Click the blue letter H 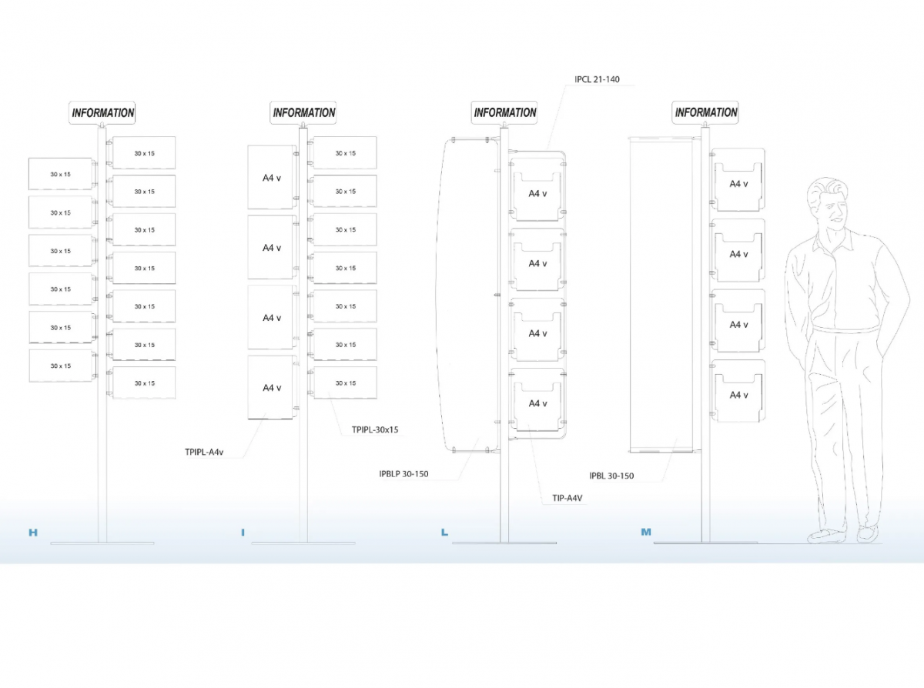click(x=33, y=533)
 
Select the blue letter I click(x=243, y=533)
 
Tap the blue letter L click(x=444, y=533)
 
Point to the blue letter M click(x=646, y=532)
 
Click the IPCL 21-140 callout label click(x=597, y=79)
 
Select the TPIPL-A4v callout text click(x=204, y=452)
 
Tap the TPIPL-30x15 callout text click(x=375, y=429)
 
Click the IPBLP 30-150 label click(x=403, y=473)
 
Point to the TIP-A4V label click(x=567, y=498)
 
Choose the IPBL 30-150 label click(x=611, y=476)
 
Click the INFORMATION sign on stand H click(x=102, y=112)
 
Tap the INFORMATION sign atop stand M click(x=705, y=112)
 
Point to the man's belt click(x=845, y=329)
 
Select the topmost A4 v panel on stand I click(x=272, y=177)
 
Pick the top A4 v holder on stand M click(x=738, y=179)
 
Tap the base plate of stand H click(x=102, y=543)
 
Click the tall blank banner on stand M click(x=661, y=294)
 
